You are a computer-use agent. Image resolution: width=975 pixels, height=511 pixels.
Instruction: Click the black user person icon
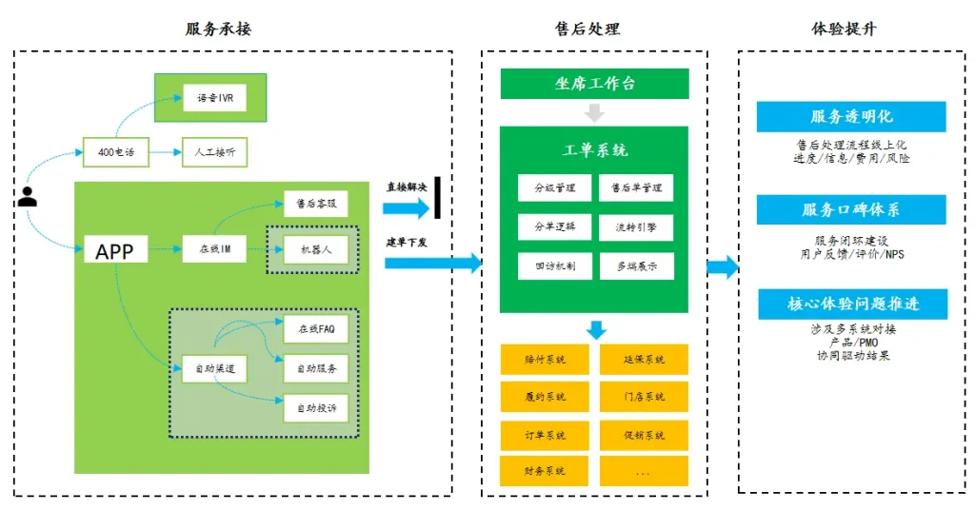click(x=28, y=197)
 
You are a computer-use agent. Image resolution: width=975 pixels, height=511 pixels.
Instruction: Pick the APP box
click(x=115, y=251)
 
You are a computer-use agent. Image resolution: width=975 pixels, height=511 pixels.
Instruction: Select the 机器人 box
click(x=315, y=251)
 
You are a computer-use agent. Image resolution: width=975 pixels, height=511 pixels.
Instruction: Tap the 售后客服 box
click(x=315, y=204)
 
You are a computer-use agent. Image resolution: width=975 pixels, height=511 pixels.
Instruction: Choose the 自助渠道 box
click(x=214, y=367)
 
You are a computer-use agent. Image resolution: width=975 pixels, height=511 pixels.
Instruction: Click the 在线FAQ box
click(x=315, y=328)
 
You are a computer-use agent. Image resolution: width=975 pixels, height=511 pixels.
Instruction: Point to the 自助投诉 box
click(x=315, y=407)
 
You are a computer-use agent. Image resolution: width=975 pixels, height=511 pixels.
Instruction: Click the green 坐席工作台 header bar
click(x=594, y=84)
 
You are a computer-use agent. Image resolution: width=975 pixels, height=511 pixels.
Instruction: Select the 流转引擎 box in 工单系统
click(x=635, y=226)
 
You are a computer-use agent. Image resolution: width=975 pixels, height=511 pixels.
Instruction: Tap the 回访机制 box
click(x=554, y=266)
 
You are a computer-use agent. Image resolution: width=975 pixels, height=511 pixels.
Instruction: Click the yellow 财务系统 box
click(x=545, y=470)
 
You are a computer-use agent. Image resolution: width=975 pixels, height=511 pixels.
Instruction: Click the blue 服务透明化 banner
click(x=851, y=116)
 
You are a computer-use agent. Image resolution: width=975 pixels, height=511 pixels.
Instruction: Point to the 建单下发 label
click(x=407, y=243)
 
